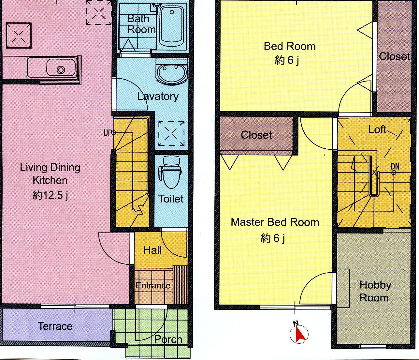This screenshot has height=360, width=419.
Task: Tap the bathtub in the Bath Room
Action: [x=172, y=26]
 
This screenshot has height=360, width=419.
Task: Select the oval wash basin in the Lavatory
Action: [x=172, y=72]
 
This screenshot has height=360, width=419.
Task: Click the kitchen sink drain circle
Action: [x=61, y=70]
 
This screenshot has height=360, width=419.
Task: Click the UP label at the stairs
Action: [x=108, y=133]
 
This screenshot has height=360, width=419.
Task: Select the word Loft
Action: [x=377, y=129]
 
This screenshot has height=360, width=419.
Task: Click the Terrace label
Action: [x=55, y=326]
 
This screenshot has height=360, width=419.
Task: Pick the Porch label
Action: [x=168, y=339]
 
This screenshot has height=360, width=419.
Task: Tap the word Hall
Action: [x=152, y=250]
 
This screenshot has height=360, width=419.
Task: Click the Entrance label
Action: [x=153, y=286]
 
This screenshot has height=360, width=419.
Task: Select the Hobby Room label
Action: [x=375, y=292]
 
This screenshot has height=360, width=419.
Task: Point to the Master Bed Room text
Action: [x=275, y=222]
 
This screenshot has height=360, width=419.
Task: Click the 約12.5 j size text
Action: [x=50, y=196]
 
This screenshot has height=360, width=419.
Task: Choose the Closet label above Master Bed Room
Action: [x=256, y=135]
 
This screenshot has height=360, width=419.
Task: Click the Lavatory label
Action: [x=158, y=97]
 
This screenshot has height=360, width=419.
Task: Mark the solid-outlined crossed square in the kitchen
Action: [x=19, y=36]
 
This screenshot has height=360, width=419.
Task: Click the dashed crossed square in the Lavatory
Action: [x=171, y=133]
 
